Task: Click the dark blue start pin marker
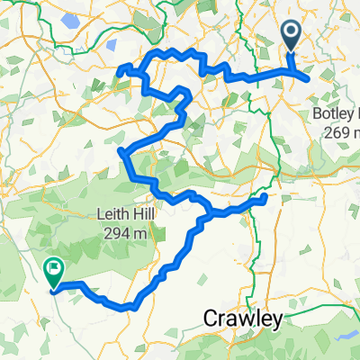(x=293, y=36)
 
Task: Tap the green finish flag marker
(x=53, y=268)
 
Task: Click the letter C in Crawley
(x=208, y=318)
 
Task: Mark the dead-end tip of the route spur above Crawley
(x=265, y=196)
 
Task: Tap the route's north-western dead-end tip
(x=121, y=72)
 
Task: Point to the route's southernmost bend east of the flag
(x=132, y=306)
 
